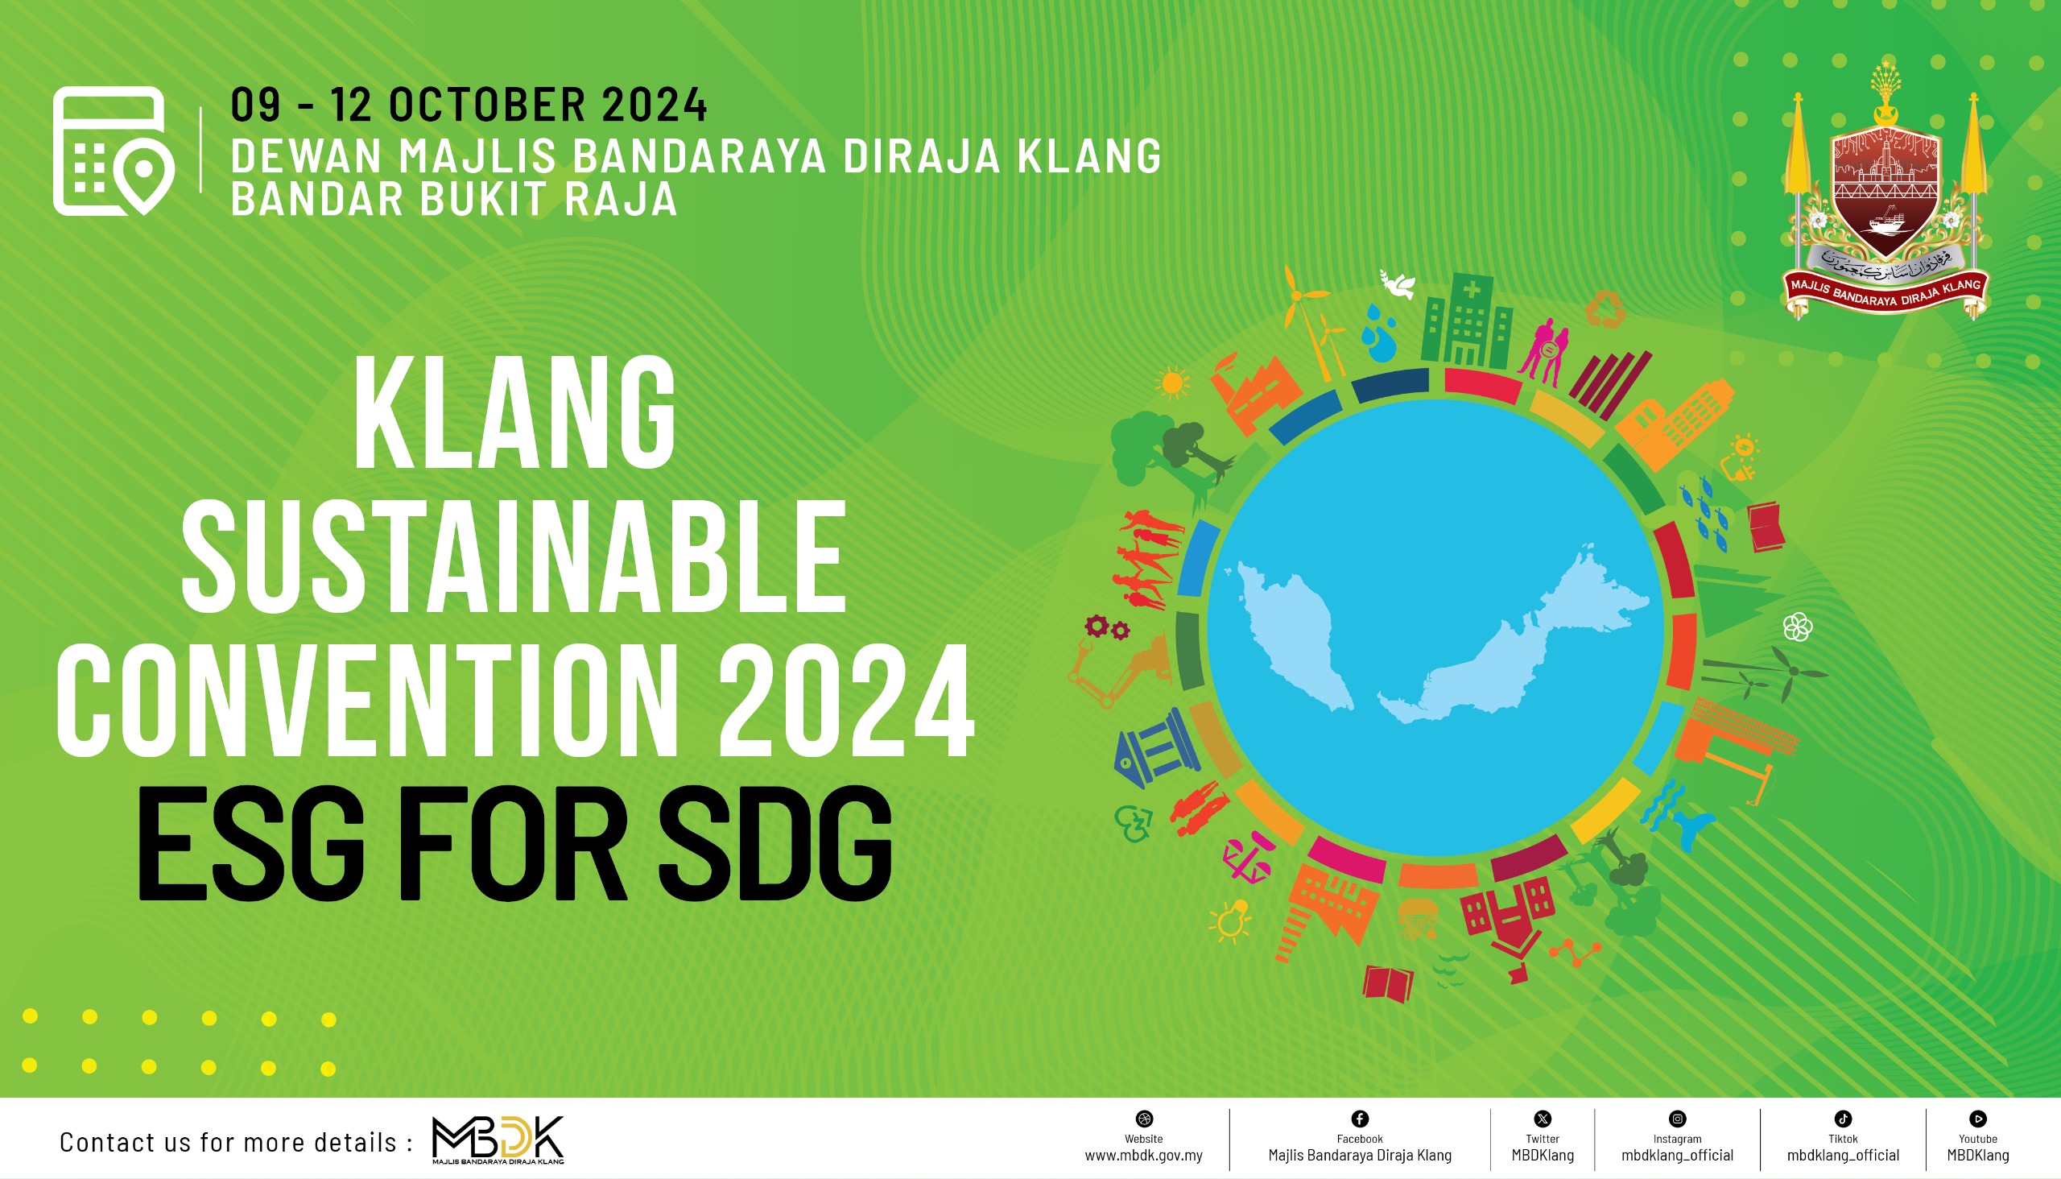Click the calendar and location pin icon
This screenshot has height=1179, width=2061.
(114, 151)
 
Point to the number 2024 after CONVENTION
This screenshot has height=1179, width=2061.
(847, 700)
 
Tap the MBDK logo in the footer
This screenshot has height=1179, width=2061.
(498, 1140)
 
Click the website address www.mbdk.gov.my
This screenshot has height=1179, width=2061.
(1143, 1156)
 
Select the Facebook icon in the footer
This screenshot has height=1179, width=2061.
(1360, 1119)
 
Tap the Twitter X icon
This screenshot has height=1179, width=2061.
(1543, 1119)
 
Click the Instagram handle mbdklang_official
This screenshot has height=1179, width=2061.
(1677, 1156)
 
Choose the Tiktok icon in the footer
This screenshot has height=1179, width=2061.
(1844, 1119)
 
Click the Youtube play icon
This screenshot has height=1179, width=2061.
(1978, 1119)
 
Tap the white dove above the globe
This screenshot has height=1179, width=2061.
(1398, 283)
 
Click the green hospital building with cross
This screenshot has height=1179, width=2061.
(1467, 321)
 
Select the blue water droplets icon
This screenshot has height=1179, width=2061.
(1377, 333)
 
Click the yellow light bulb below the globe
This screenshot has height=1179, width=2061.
(1229, 922)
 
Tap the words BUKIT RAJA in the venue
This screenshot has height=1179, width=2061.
(548, 199)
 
